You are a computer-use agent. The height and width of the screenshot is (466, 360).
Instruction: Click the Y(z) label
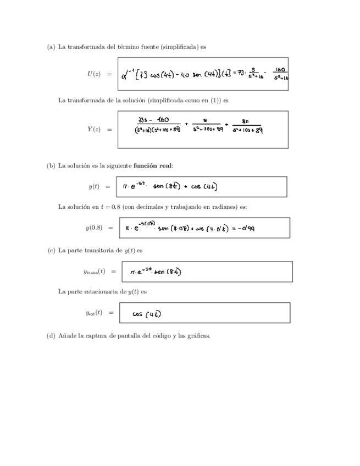tap(93, 129)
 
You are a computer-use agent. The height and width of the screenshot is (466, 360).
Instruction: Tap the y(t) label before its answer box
tap(94, 187)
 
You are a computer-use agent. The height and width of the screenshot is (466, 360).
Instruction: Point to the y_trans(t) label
tap(94, 271)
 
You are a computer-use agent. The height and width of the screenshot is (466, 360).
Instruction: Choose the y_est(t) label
tap(94, 313)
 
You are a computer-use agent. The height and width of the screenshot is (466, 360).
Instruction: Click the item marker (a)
tap(51, 47)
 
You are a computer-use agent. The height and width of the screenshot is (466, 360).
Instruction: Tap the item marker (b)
tap(51, 165)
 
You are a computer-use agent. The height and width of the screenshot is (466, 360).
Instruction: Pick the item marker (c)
tap(51, 250)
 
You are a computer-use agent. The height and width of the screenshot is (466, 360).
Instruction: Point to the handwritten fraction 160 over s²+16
tap(279, 74)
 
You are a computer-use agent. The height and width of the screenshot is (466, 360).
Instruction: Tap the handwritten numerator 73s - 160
tap(155, 120)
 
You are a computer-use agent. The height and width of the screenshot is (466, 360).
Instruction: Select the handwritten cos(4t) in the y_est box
tap(147, 314)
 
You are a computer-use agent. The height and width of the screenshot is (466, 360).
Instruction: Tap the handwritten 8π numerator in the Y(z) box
tap(246, 122)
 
